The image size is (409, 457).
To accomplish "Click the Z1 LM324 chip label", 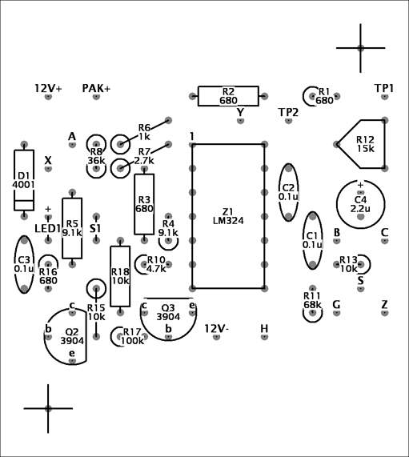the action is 228,216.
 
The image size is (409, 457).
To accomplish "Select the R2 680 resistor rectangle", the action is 228,96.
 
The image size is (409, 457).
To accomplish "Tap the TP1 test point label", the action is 384,88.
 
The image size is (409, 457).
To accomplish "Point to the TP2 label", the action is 289,112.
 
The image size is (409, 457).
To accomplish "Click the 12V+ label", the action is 48,88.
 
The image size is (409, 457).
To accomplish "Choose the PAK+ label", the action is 96,88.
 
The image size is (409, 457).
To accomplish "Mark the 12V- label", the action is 217,328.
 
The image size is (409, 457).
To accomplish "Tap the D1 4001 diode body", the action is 24,180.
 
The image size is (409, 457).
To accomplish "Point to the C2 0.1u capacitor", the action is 289,192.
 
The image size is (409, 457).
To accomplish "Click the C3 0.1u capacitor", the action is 24,264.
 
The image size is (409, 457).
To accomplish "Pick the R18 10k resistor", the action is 120,276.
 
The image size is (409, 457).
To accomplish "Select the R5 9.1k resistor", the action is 72,228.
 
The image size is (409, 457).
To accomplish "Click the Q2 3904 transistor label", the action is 72,336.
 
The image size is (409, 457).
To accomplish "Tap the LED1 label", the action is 47,229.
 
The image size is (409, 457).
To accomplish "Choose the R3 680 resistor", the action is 144,204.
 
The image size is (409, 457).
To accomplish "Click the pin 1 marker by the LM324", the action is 192,136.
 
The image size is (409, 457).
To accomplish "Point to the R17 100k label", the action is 132,336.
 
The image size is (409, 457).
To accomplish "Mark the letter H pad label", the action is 264,328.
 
